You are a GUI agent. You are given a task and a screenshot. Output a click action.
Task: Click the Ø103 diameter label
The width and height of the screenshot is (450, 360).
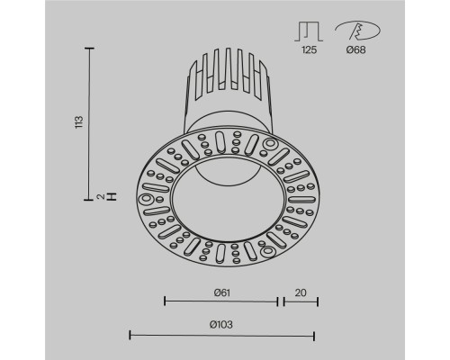click(221, 323)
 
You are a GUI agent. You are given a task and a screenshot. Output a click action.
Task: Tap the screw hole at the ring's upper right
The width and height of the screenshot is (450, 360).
click(270, 146)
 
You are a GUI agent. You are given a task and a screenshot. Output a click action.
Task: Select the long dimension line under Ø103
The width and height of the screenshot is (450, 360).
click(221, 335)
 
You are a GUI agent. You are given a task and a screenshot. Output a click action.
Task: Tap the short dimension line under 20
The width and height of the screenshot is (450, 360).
click(300, 301)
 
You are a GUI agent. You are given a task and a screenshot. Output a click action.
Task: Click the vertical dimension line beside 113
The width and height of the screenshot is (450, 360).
click(90, 126)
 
